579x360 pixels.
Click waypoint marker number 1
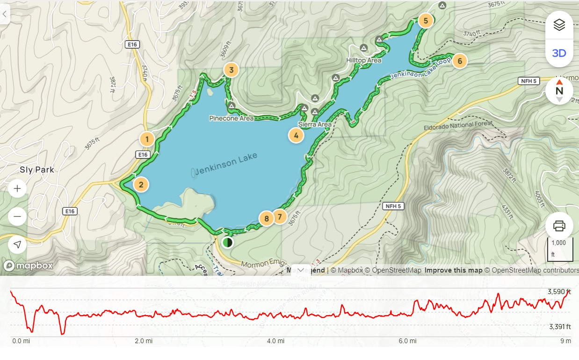(x=147, y=139)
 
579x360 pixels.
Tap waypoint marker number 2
(x=141, y=184)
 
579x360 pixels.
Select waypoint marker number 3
(x=231, y=70)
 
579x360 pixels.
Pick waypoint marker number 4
(x=296, y=136)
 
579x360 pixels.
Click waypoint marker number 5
(x=426, y=21)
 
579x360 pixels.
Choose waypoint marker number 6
(x=460, y=61)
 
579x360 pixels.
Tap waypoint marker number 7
(x=280, y=216)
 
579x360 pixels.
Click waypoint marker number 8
(x=267, y=218)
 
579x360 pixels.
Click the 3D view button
(x=559, y=53)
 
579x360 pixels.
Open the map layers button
(x=559, y=25)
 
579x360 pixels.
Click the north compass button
(x=559, y=91)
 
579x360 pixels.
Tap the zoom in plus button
(x=17, y=189)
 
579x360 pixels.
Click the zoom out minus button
(x=17, y=216)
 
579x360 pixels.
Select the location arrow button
(x=17, y=245)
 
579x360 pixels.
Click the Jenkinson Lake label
(x=227, y=164)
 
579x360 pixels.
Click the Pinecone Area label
(x=232, y=118)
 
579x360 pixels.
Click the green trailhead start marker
(x=227, y=242)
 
